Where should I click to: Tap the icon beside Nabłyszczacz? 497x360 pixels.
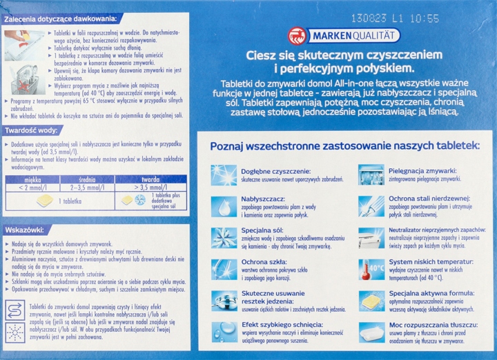click(x=224, y=206)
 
